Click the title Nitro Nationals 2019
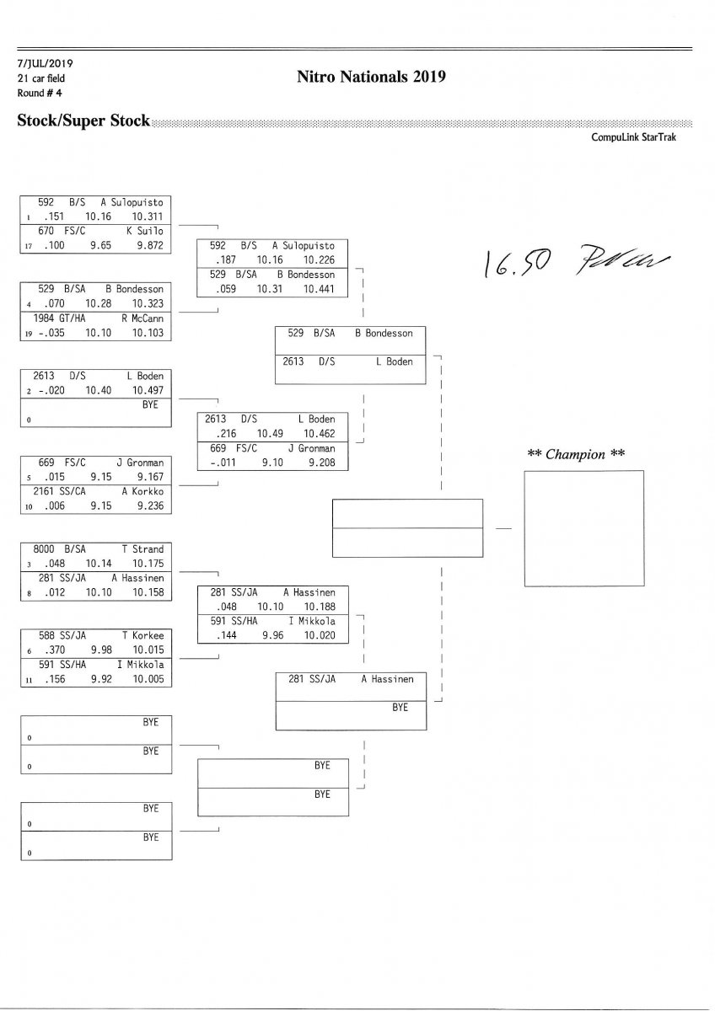[371, 78]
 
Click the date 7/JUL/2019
[46, 64]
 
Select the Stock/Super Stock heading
[83, 121]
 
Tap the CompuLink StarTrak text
[633, 136]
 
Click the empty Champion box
[583, 528]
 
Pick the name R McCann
[142, 318]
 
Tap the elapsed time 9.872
[148, 244]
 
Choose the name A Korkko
[142, 490]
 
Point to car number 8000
[45, 548]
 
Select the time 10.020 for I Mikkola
[320, 636]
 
